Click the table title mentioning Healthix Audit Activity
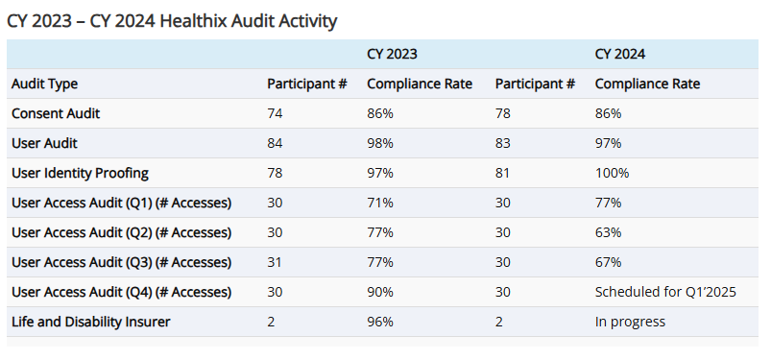point(172,20)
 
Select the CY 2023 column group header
point(392,54)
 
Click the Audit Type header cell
point(44,84)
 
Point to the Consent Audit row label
point(56,113)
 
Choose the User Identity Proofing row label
point(80,173)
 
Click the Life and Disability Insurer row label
point(90,322)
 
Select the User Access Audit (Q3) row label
point(121,262)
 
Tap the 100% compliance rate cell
point(612,173)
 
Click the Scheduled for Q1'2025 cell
point(665,292)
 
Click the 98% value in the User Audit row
point(380,143)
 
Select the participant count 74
point(276,113)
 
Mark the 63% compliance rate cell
point(608,232)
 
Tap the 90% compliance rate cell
point(380,292)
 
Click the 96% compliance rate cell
point(380,322)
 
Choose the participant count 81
point(504,173)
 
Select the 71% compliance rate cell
point(380,203)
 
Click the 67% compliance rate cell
point(608,262)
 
